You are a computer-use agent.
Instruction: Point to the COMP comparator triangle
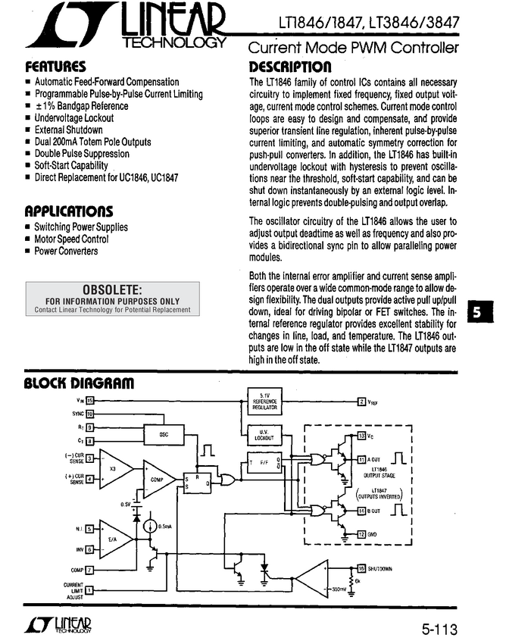[x=157, y=479]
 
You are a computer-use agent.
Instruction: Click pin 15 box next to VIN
[x=89, y=400]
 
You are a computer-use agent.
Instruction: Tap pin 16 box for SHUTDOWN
[x=361, y=568]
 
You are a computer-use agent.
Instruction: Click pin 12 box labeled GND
[x=361, y=534]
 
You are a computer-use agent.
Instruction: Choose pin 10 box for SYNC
[x=89, y=414]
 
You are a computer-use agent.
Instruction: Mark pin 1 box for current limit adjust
[x=89, y=589]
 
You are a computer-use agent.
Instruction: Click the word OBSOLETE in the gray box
[x=112, y=289]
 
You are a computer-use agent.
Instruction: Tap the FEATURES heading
[x=55, y=66]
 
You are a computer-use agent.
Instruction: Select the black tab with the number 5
[x=479, y=310]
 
